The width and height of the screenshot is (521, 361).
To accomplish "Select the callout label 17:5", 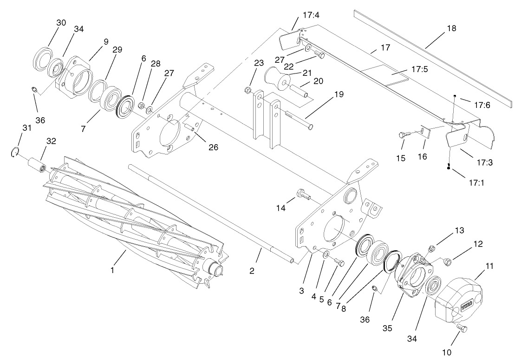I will [420, 69].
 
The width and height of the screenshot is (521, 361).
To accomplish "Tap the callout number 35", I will [387, 328].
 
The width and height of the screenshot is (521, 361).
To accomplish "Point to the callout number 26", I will [214, 147].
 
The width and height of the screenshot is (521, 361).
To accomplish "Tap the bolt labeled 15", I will [404, 135].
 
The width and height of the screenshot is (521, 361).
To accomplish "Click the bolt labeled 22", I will [319, 55].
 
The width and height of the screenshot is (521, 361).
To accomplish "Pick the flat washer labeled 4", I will [325, 254].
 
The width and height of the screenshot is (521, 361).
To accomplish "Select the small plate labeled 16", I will [425, 132].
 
